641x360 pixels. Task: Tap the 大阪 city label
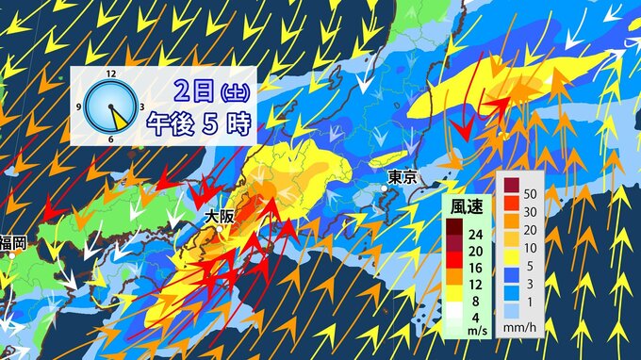click(221, 216)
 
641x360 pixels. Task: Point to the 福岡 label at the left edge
click(13, 243)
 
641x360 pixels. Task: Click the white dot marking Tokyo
click(385, 188)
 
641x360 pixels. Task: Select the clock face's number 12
click(111, 73)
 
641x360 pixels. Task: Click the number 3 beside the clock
click(141, 106)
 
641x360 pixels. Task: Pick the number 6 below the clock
click(111, 139)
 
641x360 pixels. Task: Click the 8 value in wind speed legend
click(476, 302)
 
